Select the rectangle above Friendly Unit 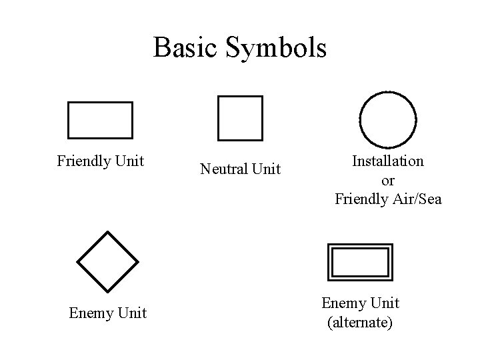coord(100,120)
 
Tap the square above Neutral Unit coord(240,119)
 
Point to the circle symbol coord(388,121)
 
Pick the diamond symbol coord(107,261)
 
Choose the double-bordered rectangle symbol coord(360,262)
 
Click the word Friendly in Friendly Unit coord(84,161)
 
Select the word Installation coord(387,161)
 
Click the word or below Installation coord(387,180)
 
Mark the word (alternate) coord(360,323)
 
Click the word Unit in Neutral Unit coord(266,170)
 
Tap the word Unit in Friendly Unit coord(130,161)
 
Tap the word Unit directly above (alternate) coord(385,303)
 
